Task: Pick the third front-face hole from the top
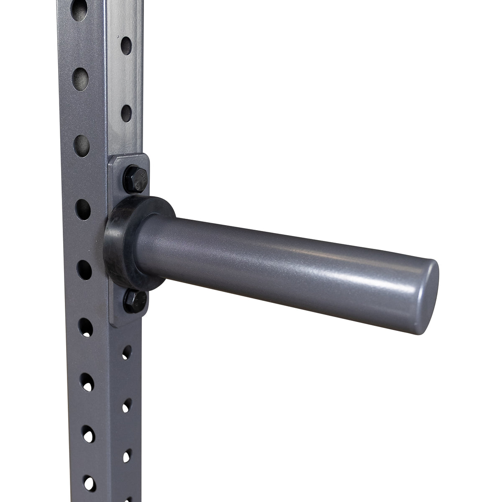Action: click(x=82, y=143)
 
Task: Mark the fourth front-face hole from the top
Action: click(x=83, y=207)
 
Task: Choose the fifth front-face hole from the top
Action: click(x=84, y=268)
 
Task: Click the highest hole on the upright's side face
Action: click(x=125, y=44)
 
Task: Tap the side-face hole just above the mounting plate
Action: click(x=126, y=113)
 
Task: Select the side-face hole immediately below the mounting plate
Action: click(x=126, y=352)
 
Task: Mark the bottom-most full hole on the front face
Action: click(x=88, y=482)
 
